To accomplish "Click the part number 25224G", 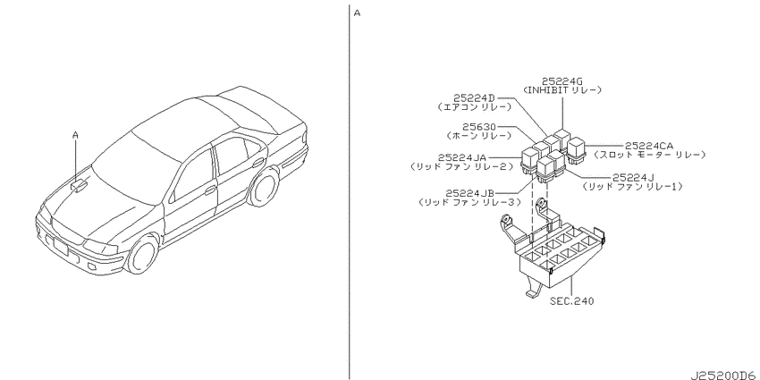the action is point(562,81).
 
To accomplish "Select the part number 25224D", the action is point(475,98).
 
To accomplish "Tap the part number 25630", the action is point(478,127).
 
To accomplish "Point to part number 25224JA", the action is point(462,157).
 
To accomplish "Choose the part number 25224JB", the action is point(470,193).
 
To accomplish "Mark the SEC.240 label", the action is point(571,301).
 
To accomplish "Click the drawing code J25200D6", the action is point(724,376).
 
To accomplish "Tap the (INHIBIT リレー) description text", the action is point(562,90).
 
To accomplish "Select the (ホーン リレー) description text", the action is point(478,136).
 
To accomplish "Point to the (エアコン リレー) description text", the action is point(474,107).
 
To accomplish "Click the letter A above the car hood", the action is point(75,136).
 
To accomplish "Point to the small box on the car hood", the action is point(80,185).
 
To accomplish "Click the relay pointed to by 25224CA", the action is point(577,150).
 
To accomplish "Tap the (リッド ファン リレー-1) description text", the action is point(632,186).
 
